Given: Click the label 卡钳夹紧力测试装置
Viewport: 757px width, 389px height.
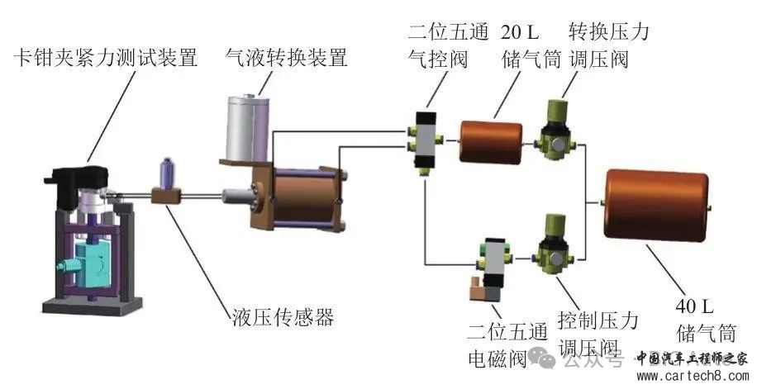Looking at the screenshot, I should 106,59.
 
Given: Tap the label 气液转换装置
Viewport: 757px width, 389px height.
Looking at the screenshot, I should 286,59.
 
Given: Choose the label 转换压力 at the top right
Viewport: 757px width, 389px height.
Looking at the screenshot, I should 609,33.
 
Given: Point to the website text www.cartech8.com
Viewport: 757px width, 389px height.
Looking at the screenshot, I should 693,377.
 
